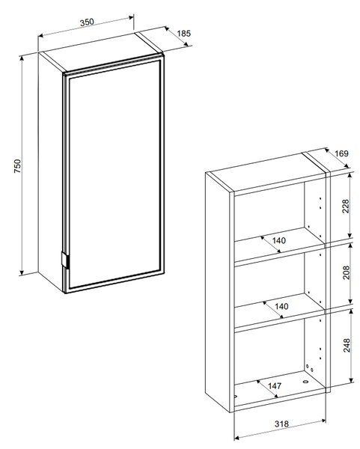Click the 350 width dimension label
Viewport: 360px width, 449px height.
[x=87, y=22]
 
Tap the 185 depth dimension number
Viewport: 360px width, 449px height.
[x=183, y=34]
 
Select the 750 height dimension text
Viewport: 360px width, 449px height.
[x=17, y=166]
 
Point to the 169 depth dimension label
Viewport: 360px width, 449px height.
[x=341, y=153]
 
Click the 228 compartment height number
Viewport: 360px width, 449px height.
[x=346, y=207]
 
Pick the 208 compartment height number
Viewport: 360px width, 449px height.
[x=346, y=272]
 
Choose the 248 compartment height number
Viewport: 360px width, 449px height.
[x=347, y=345]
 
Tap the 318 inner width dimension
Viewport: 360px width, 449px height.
[x=281, y=424]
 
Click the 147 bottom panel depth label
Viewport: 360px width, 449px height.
[x=275, y=386]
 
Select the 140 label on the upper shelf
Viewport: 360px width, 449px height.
[x=279, y=240]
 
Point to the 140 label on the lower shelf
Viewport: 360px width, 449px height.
[x=281, y=306]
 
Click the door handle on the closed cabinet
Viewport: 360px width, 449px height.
[x=64, y=260]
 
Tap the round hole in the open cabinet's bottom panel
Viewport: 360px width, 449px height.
[x=305, y=382]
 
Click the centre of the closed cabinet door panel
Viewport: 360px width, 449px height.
[x=115, y=174]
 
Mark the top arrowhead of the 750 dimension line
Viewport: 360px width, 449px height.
[x=22, y=58]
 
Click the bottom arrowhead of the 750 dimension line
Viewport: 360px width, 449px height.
[x=22, y=273]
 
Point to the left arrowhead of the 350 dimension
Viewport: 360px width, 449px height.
[x=41, y=35]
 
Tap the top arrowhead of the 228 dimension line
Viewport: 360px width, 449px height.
[x=350, y=174]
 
